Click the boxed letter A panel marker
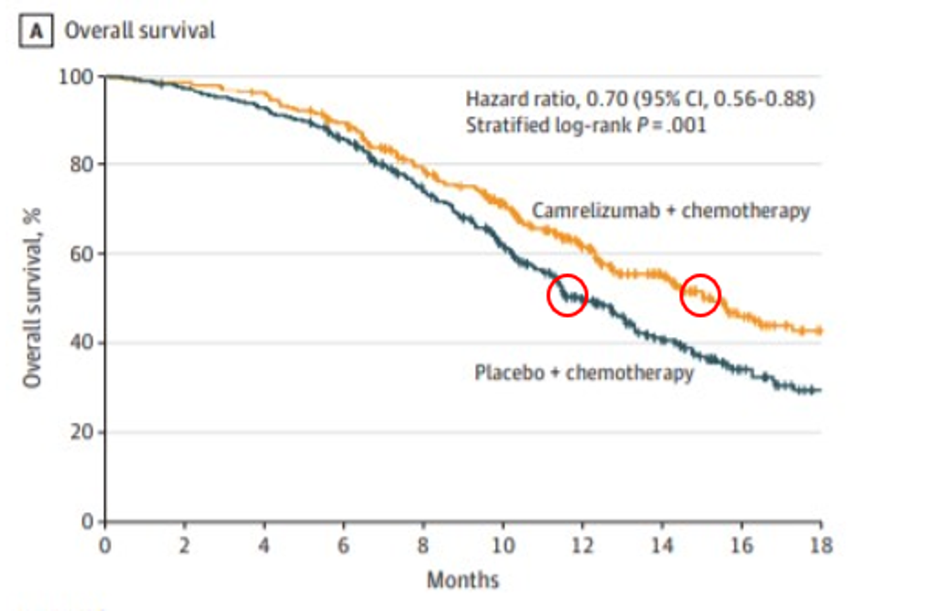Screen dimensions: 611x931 point(39,30)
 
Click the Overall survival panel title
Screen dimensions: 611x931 point(139,30)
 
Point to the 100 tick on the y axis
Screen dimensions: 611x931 point(78,76)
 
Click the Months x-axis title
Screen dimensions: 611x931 point(462,581)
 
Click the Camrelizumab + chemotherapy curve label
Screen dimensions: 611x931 point(670,211)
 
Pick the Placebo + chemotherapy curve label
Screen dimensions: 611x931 point(583,373)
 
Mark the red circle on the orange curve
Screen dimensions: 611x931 point(700,294)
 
